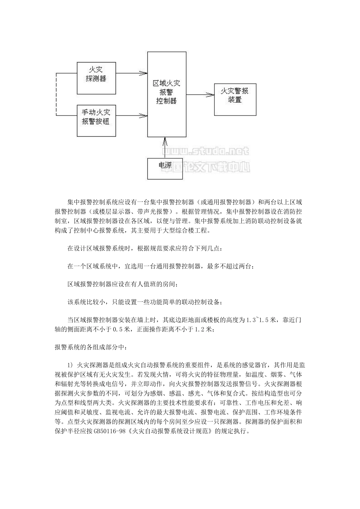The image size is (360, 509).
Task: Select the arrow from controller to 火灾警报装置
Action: click(200, 93)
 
